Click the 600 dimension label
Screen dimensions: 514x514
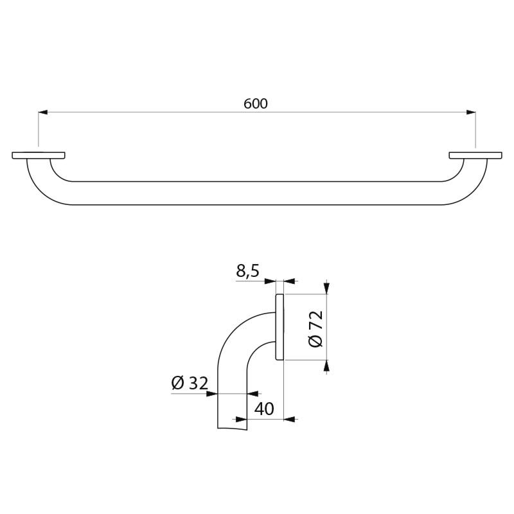click(255, 103)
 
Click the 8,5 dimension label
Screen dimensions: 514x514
click(247, 271)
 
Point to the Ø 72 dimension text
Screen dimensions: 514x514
click(315, 328)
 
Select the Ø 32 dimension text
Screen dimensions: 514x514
click(190, 383)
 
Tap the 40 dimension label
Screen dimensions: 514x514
click(264, 409)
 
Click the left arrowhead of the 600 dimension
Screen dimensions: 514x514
click(43, 112)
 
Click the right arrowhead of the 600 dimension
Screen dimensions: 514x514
click(471, 112)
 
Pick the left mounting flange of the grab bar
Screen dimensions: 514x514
click(39, 155)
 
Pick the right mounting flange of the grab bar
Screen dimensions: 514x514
click(475, 155)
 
